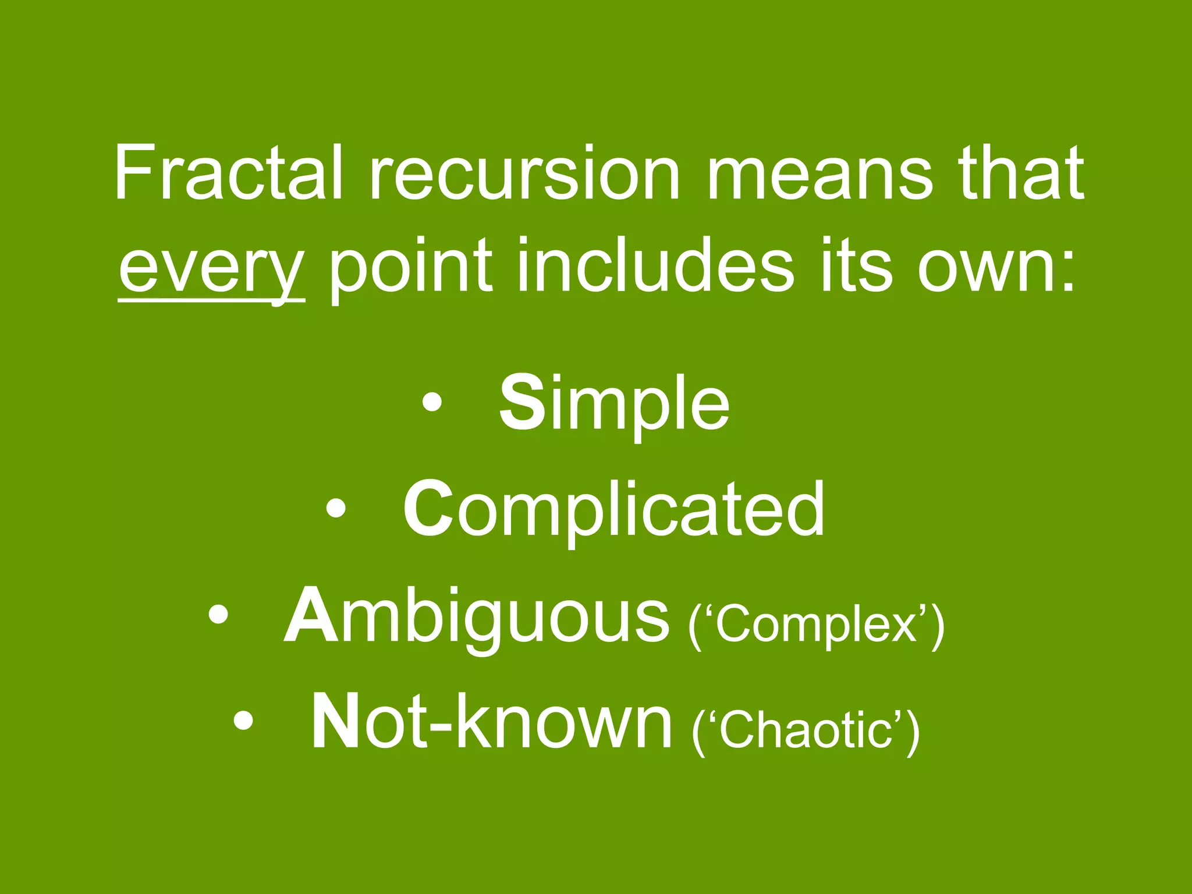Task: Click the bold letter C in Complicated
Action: (428, 509)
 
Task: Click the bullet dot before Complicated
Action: (336, 509)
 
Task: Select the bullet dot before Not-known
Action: (243, 722)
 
